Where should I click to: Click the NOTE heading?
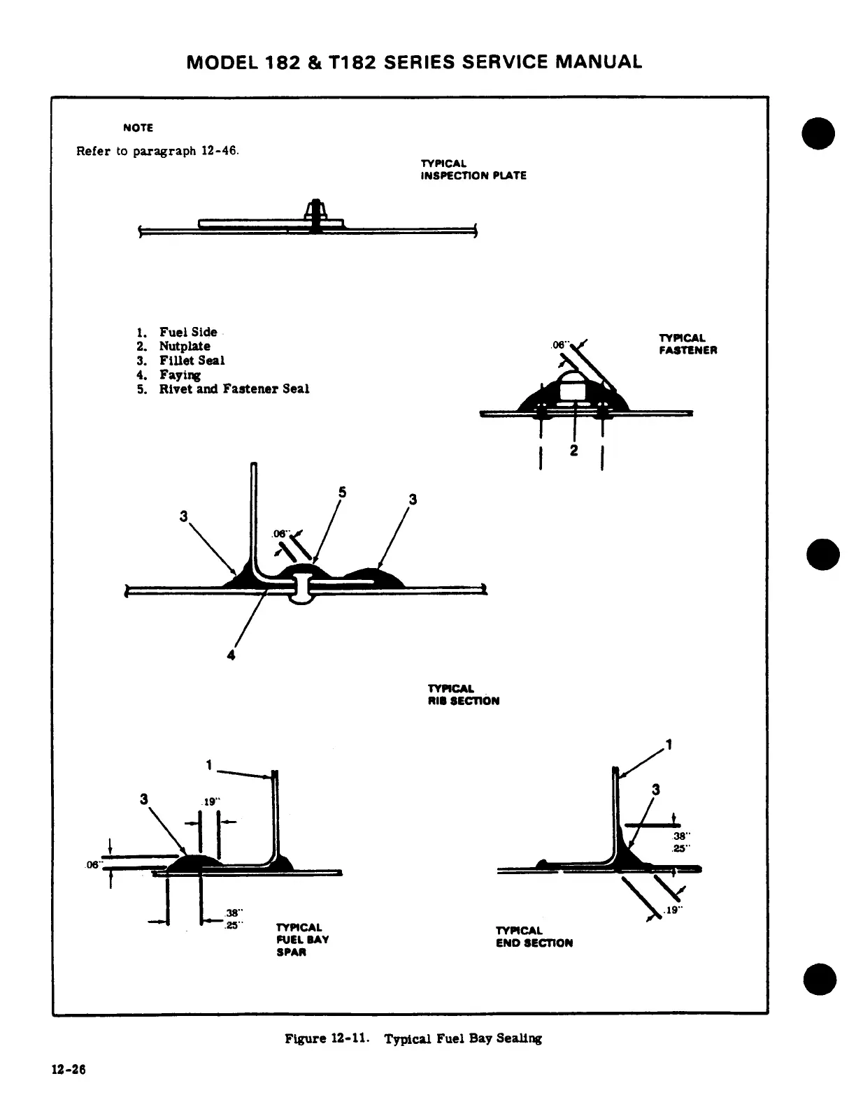pos(138,128)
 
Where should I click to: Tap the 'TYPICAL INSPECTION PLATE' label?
pos(473,170)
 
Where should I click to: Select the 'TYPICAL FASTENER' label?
pos(687,344)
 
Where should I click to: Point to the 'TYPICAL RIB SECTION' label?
pos(463,695)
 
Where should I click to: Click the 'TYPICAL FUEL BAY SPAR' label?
pos(302,940)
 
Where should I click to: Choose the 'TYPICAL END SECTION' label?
pos(534,936)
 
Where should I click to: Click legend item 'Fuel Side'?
pos(187,332)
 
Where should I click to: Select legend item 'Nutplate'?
pos(184,346)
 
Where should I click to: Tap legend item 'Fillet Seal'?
pos(192,361)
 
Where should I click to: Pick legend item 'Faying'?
pos(180,375)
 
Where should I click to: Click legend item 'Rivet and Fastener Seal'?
pos(234,388)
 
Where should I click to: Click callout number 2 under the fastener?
pos(573,451)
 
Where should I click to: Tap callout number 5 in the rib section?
pos(342,492)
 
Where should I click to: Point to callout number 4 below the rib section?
pos(231,655)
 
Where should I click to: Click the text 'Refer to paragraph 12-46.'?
pos(157,151)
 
